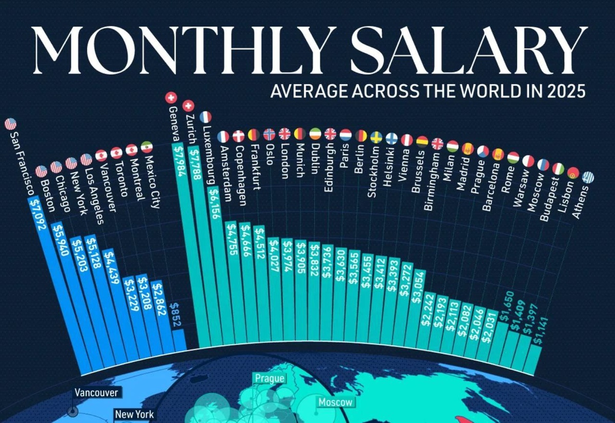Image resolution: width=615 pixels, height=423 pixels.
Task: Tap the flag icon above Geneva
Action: pos(171,97)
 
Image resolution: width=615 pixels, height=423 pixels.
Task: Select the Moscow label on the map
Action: pos(336,402)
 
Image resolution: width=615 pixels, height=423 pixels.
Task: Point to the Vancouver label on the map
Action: pos(96,393)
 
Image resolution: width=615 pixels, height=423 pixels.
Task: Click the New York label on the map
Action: pos(134,414)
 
